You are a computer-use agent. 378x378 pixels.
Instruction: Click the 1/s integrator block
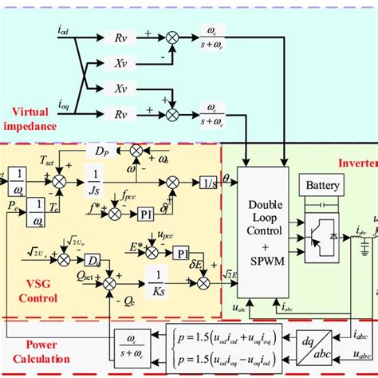tap(208, 183)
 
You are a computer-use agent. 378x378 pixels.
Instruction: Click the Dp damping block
tap(100, 150)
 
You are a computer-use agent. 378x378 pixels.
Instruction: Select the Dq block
tap(93, 260)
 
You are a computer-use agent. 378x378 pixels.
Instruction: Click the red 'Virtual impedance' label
tap(31, 119)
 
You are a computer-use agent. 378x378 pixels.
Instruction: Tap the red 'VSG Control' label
tap(30, 293)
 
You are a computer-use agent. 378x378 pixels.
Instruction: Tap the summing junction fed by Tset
tap(58, 183)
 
